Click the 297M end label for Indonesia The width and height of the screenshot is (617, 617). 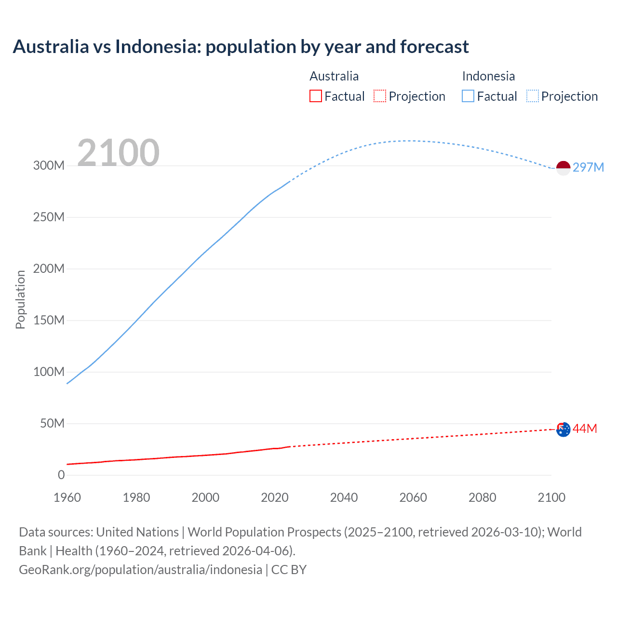point(588,167)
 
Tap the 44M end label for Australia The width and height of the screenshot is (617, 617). point(585,429)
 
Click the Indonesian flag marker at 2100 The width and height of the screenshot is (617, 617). point(563,168)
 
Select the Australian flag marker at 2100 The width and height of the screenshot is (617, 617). point(563,429)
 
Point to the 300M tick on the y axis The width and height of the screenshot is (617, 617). point(49,165)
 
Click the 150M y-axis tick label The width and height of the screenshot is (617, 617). point(49,320)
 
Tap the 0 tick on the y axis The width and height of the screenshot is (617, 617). point(61,475)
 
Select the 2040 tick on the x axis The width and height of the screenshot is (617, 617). point(344,497)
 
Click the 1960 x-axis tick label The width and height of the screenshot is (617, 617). point(67,497)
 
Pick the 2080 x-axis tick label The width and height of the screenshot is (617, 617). point(482,497)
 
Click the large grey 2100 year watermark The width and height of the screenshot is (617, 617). point(118,153)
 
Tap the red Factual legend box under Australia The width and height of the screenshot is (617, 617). point(316,96)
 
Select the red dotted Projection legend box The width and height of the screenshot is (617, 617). point(380,96)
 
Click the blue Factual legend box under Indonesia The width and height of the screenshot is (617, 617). point(468,96)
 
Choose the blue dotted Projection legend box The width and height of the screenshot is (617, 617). point(533,96)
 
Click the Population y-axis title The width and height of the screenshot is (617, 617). point(20,299)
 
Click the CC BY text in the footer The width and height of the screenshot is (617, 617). point(289,569)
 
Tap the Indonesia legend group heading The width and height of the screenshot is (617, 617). point(488,76)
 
